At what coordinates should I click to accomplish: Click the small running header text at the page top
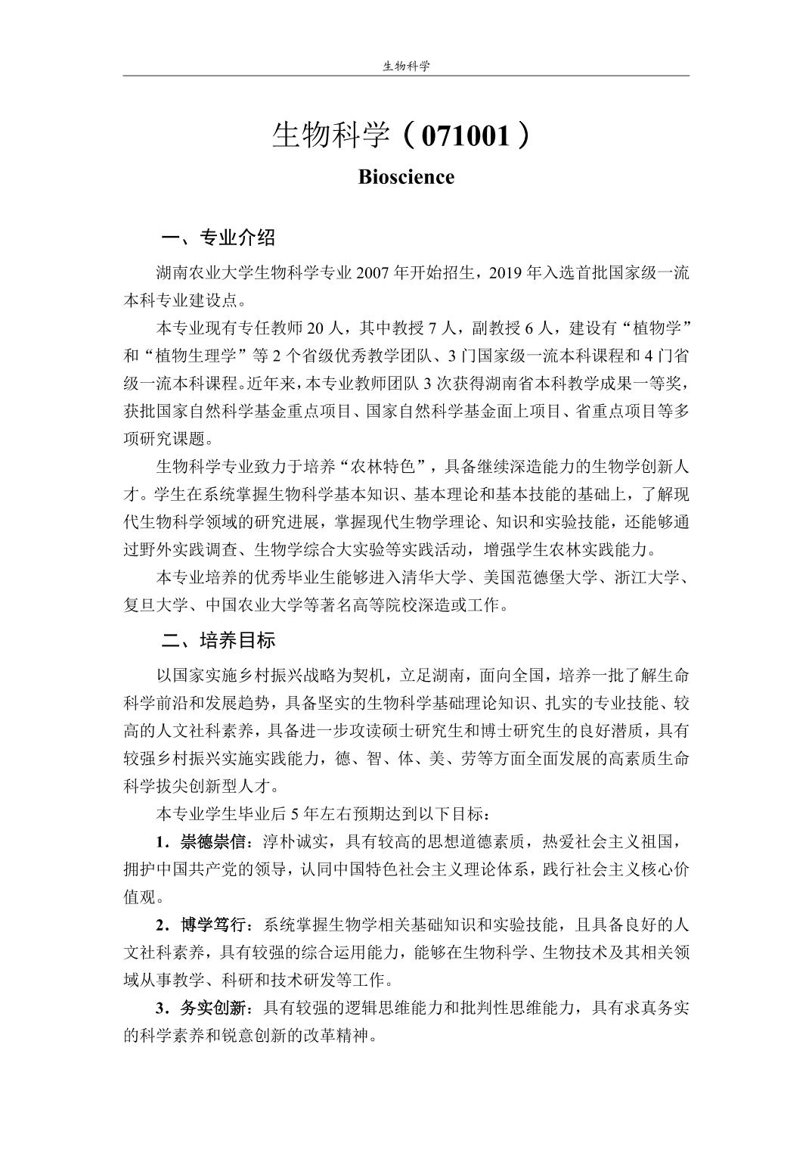406,66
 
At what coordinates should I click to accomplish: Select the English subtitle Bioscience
406,177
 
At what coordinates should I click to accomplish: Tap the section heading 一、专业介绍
218,238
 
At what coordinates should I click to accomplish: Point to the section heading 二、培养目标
218,641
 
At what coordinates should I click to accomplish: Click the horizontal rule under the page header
406,76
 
